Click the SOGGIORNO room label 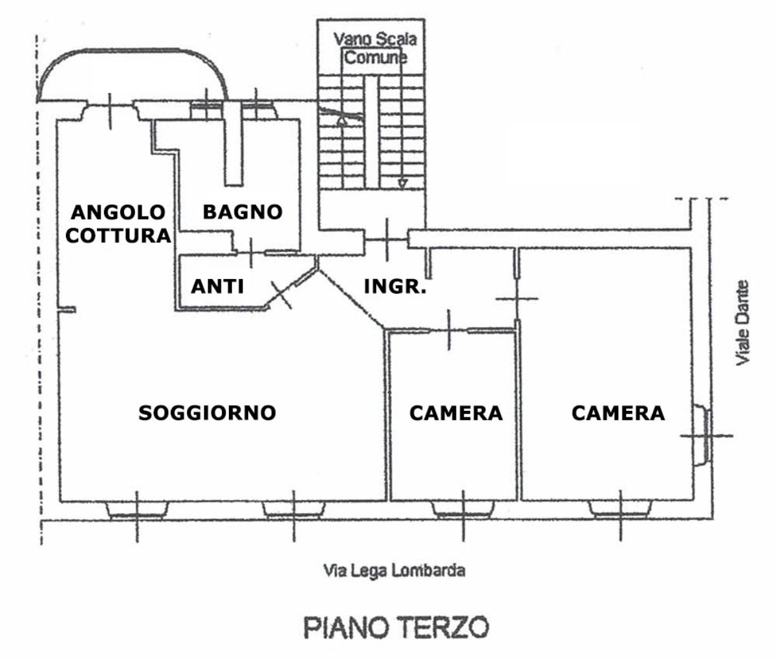coord(208,413)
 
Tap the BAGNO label coord(242,211)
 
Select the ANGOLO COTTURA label coord(118,224)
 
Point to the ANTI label coord(217,286)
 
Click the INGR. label coord(395,286)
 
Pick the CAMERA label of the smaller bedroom coord(456,413)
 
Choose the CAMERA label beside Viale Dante coord(618,413)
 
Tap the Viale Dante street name coord(743,322)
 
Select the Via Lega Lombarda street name coord(394,571)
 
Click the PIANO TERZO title coord(396,627)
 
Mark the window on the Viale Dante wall coord(702,435)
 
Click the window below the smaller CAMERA coord(463,510)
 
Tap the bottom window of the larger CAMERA coord(620,510)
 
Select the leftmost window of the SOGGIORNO coord(136,510)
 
